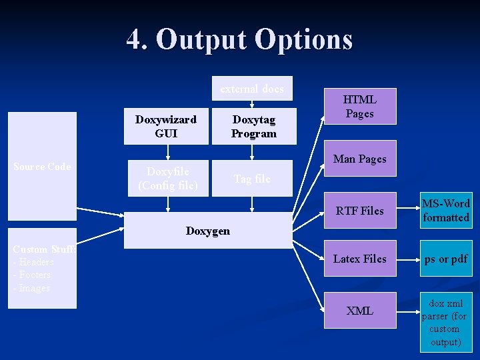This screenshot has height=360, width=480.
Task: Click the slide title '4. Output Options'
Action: click(239, 39)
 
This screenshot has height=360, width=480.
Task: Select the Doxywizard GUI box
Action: click(166, 126)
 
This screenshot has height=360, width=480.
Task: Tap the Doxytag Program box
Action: click(253, 126)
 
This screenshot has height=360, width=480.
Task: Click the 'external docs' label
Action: click(252, 89)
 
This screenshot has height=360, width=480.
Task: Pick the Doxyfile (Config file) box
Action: click(167, 178)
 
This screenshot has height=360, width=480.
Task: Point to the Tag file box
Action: click(252, 179)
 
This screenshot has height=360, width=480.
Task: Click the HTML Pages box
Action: click(360, 106)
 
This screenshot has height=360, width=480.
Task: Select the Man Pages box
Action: click(360, 159)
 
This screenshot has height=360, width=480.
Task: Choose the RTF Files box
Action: click(360, 211)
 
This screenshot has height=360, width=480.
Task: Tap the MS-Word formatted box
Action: click(446, 211)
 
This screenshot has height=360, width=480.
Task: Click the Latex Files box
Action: click(360, 259)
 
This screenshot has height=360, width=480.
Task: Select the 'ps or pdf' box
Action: click(446, 259)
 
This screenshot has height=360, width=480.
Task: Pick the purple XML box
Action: click(360, 311)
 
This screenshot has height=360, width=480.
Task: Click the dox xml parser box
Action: click(446, 323)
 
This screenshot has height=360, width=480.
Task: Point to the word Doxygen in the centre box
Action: click(208, 231)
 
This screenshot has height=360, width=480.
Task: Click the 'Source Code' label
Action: click(42, 167)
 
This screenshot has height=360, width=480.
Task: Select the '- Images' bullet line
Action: click(31, 288)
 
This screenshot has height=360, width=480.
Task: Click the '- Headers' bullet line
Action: click(33, 262)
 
